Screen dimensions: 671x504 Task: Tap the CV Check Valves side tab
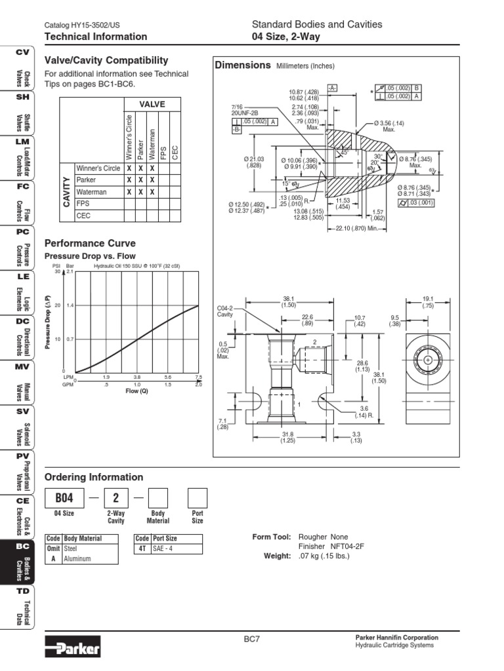point(18,69)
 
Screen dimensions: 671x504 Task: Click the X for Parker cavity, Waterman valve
point(152,180)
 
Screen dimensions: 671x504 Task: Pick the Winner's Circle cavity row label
point(98,168)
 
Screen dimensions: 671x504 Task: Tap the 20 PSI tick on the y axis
point(58,305)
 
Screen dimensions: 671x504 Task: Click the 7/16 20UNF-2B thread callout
point(246,109)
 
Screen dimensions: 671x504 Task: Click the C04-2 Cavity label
point(226,311)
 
